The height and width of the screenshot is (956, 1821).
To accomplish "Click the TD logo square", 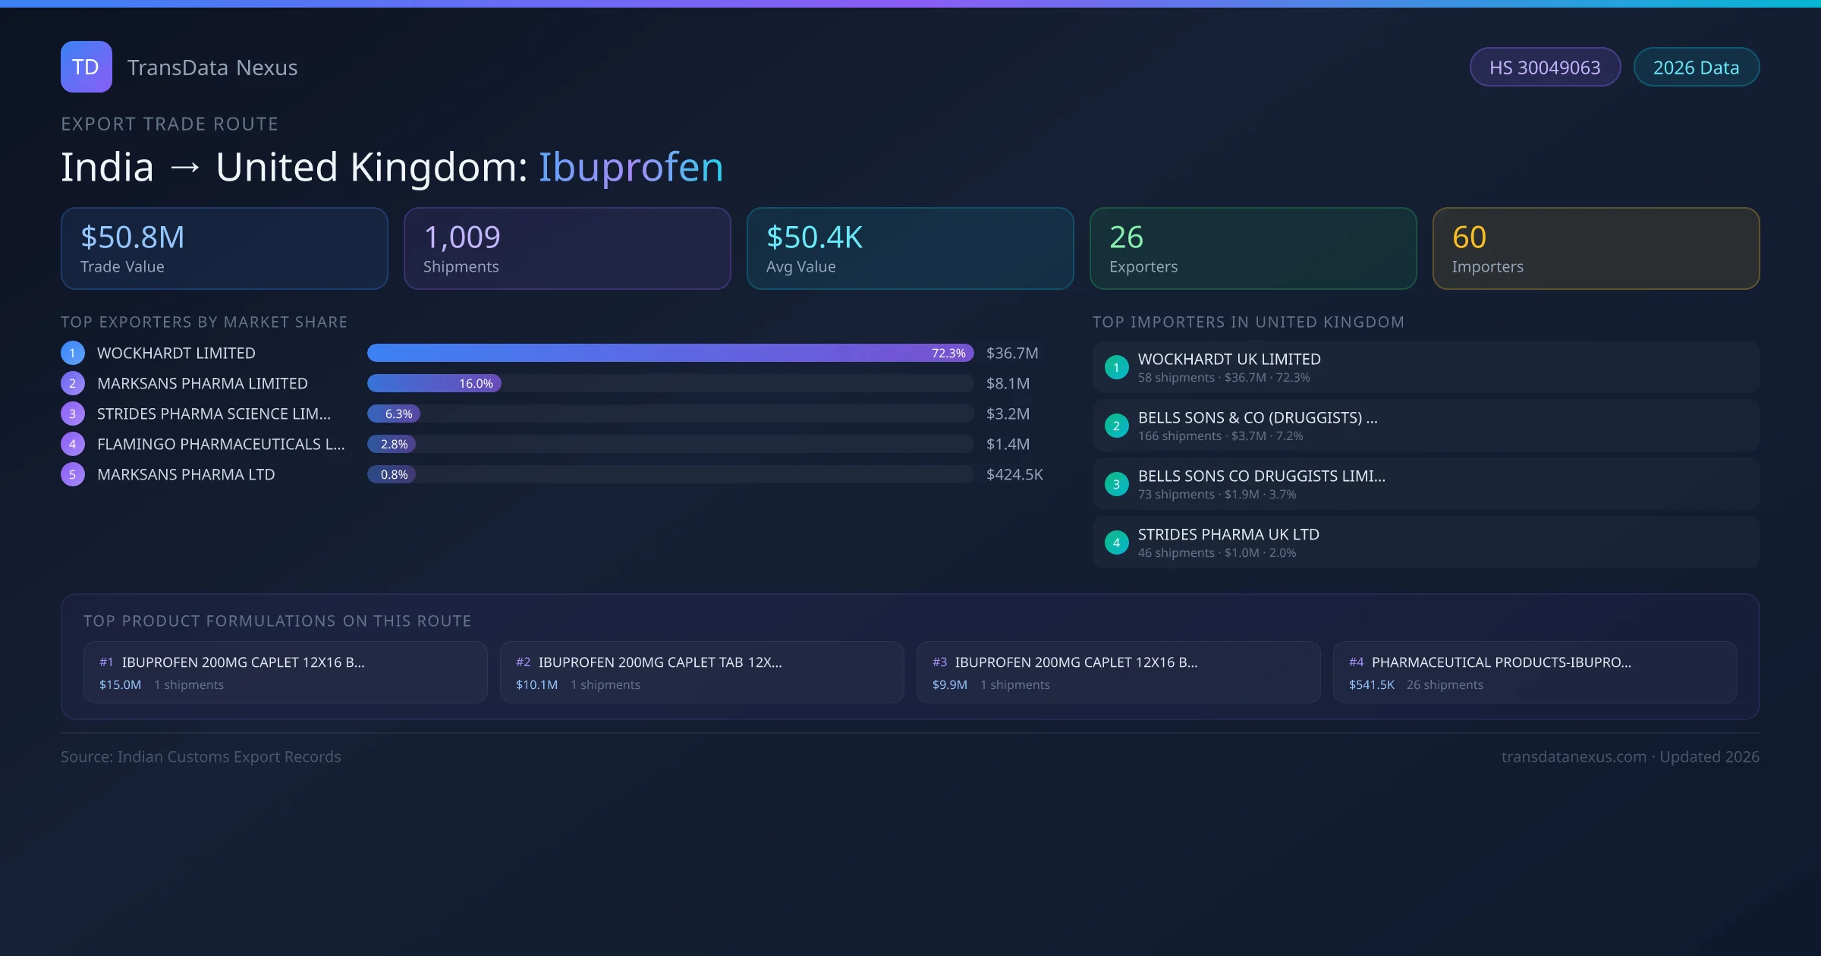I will (x=86, y=67).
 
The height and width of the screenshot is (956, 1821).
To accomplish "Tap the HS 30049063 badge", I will (x=1544, y=68).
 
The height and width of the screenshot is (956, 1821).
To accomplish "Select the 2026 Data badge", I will (x=1696, y=68).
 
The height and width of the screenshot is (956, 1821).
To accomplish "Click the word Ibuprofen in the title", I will (x=631, y=167).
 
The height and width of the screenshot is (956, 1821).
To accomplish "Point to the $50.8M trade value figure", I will (x=133, y=237).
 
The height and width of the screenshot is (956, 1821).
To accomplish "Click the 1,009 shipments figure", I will (x=461, y=237).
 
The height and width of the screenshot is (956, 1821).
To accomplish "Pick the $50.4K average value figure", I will (x=814, y=237).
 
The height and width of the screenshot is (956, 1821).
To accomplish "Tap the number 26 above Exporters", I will (x=1126, y=237).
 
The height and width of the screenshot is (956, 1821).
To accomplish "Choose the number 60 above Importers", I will (x=1469, y=237).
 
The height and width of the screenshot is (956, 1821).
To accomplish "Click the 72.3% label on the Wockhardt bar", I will (x=948, y=353).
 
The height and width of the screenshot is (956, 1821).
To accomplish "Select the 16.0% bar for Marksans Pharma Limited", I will (x=434, y=383).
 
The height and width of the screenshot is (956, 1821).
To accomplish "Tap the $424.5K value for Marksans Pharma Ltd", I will (x=1014, y=474).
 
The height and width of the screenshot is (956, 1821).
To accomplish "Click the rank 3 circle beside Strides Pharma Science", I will (x=73, y=414).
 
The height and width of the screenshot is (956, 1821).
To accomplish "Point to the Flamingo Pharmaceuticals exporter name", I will (x=221, y=444).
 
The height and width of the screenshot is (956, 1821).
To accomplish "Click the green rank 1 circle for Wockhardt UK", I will (x=1116, y=367).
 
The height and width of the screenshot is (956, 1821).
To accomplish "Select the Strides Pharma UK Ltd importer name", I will (x=1228, y=534).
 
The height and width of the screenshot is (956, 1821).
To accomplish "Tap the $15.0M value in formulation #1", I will (x=120, y=684).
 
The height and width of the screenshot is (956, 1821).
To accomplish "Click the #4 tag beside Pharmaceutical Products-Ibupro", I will (x=1356, y=662).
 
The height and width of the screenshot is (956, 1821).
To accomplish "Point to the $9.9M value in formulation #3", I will (x=949, y=684).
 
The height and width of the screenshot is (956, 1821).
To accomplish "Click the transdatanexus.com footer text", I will (x=1574, y=756).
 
